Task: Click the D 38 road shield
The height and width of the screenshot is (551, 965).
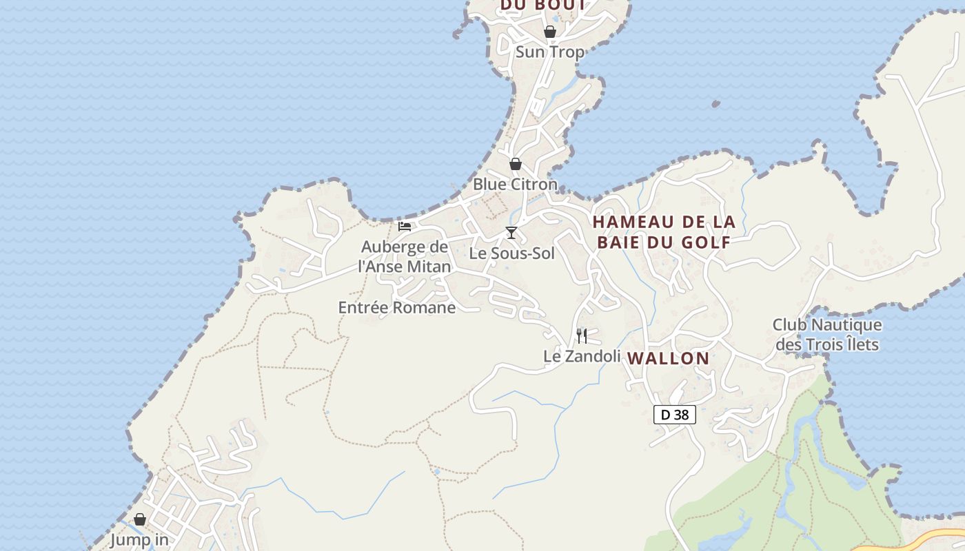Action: coord(675,415)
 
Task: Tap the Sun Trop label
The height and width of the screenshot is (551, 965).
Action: coord(549,52)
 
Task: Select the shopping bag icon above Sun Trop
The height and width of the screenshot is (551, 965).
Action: coord(549,32)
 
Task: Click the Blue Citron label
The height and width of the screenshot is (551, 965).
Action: coord(515,185)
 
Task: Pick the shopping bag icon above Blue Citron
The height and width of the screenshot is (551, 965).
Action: coord(515,164)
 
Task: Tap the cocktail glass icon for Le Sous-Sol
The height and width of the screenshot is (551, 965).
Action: coord(511,233)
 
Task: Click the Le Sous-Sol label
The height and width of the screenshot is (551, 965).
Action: coord(511,253)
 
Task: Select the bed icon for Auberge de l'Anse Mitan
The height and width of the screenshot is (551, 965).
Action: coord(405,226)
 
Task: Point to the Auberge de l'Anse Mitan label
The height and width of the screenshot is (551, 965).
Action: coord(405,256)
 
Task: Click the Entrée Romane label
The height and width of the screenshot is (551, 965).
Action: coord(397,308)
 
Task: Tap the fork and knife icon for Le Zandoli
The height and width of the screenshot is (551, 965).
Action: coord(582,336)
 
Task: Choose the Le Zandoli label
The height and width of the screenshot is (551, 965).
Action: coord(582,356)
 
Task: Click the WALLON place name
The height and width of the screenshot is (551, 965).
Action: coord(669,358)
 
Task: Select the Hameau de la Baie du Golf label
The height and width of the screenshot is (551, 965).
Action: coord(664,232)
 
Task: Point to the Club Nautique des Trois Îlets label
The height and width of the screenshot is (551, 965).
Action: coord(827,334)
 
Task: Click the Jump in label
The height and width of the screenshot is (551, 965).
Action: coord(139,540)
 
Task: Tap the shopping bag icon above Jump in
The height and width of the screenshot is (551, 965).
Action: coord(139,519)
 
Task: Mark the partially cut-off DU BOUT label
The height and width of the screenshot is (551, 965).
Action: coord(543,6)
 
